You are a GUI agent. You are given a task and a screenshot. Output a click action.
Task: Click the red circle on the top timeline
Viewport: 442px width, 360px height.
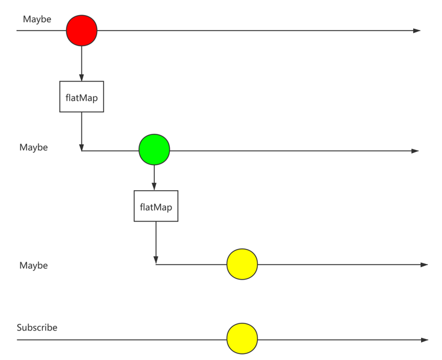coord(82,31)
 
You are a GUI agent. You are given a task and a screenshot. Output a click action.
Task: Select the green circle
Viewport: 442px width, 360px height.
coord(154,150)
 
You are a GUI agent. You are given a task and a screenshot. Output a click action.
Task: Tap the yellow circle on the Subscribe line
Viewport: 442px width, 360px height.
coord(242,339)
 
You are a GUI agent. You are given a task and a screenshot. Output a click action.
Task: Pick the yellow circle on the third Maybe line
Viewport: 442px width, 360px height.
coord(242,264)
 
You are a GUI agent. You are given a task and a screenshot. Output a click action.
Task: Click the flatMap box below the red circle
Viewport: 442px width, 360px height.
coord(82,97)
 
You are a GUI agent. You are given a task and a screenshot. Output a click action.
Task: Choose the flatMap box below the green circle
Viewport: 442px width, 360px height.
coord(156,206)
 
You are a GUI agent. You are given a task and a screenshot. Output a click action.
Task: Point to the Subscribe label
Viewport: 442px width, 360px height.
coord(37,328)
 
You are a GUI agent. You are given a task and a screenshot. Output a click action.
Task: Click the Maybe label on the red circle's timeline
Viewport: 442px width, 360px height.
coord(37,19)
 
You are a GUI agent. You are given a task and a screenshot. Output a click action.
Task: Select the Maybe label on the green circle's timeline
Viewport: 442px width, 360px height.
coord(34,147)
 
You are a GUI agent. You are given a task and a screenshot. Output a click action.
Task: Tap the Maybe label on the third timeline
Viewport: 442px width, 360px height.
coord(34,265)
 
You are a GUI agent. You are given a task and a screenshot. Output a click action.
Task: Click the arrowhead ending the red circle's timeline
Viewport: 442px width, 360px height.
coord(417,31)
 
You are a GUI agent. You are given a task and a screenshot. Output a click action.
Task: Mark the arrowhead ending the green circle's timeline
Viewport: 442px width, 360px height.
coord(415,151)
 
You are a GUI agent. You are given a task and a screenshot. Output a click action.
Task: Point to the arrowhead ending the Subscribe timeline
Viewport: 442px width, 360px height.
coord(425,340)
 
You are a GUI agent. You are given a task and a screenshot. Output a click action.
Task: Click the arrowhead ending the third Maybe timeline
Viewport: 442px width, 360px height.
coord(424,265)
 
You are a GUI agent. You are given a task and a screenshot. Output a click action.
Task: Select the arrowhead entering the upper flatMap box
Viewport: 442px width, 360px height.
coord(82,77)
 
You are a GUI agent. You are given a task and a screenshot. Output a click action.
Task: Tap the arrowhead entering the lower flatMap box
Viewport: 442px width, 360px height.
coord(155,187)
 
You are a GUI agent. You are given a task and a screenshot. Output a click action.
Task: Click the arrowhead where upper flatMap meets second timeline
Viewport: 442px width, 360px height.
coord(82,147)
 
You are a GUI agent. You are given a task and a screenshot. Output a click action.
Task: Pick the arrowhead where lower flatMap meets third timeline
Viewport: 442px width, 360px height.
coord(156,260)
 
